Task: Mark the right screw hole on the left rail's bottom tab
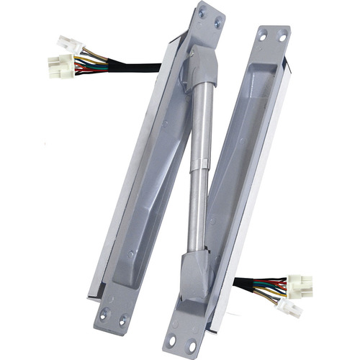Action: [122, 317]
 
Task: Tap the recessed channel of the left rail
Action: [148, 180]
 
